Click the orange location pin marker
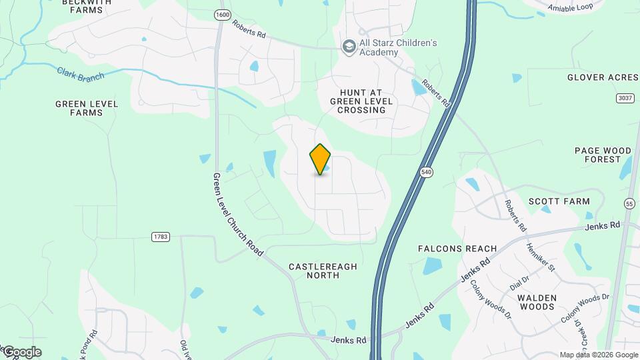click(320, 159)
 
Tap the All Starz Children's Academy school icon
click(348, 47)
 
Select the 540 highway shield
click(427, 173)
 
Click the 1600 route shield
click(222, 14)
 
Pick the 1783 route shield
click(161, 237)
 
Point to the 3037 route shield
click(625, 98)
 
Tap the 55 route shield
click(629, 203)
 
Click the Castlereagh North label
click(323, 271)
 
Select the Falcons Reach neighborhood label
click(457, 249)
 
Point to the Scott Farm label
click(559, 201)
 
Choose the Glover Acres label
click(603, 77)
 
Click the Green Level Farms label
click(87, 108)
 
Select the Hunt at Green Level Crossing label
click(361, 101)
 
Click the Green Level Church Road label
click(238, 215)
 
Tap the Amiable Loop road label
click(571, 8)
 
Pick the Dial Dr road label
click(519, 283)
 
